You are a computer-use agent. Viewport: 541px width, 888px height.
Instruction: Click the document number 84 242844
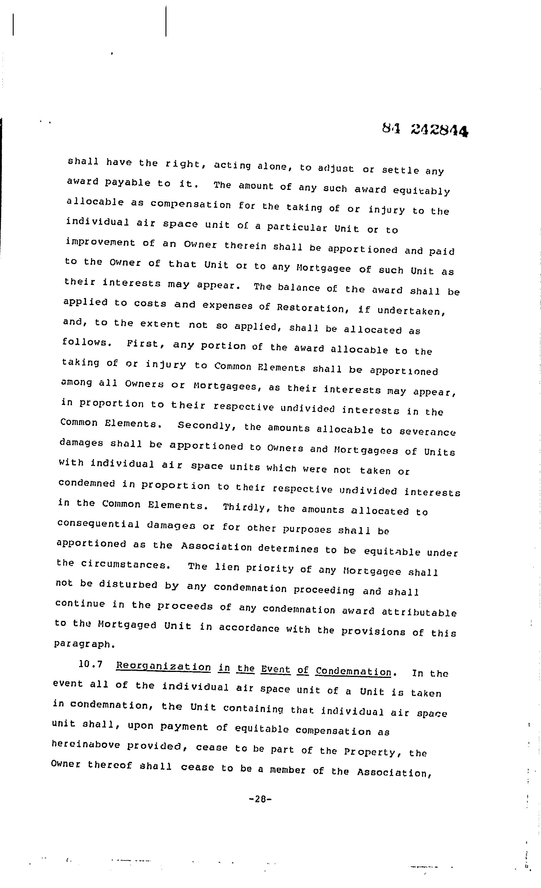pos(425,130)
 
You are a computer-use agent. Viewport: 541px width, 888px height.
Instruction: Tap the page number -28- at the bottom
pos(260,799)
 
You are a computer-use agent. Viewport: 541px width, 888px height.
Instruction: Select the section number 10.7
pos(90,664)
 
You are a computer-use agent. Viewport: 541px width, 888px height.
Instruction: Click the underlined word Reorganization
pos(163,666)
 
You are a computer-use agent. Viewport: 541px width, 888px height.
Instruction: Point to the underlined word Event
pos(276,669)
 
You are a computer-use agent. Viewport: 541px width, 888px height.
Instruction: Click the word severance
pos(427,432)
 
